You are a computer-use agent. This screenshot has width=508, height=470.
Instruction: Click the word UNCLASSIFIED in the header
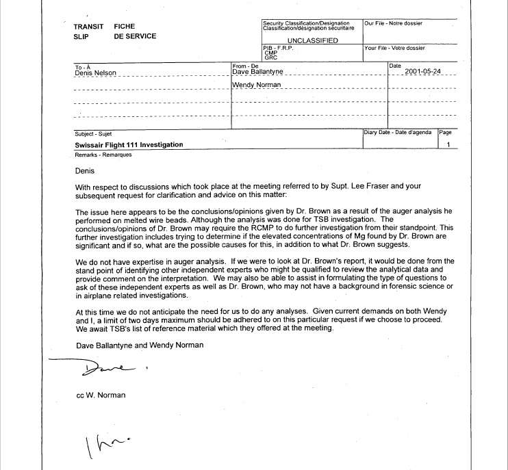pyautogui.click(x=312, y=41)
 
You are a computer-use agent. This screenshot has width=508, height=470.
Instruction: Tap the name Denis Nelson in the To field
pyautogui.click(x=95, y=73)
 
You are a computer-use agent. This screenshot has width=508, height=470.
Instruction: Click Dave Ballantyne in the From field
pyautogui.click(x=257, y=72)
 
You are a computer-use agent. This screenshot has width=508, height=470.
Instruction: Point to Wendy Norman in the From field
pyautogui.click(x=257, y=85)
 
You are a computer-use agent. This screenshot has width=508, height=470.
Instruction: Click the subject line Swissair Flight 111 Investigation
pyautogui.click(x=129, y=145)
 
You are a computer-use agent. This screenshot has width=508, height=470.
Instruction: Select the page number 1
pyautogui.click(x=448, y=145)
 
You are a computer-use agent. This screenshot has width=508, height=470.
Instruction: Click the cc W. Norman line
pyautogui.click(x=101, y=395)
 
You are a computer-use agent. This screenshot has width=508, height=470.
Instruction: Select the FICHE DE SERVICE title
pyautogui.click(x=135, y=31)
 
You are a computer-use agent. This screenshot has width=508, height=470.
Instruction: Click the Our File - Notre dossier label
pyautogui.click(x=394, y=23)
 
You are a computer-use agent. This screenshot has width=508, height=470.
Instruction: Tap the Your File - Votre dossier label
pyautogui.click(x=395, y=49)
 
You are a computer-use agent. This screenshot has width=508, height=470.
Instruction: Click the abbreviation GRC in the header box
pyautogui.click(x=270, y=57)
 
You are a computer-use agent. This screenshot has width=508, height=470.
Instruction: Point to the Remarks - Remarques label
pyautogui.click(x=93, y=155)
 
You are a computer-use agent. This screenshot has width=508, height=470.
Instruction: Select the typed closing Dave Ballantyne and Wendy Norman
pyautogui.click(x=140, y=345)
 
